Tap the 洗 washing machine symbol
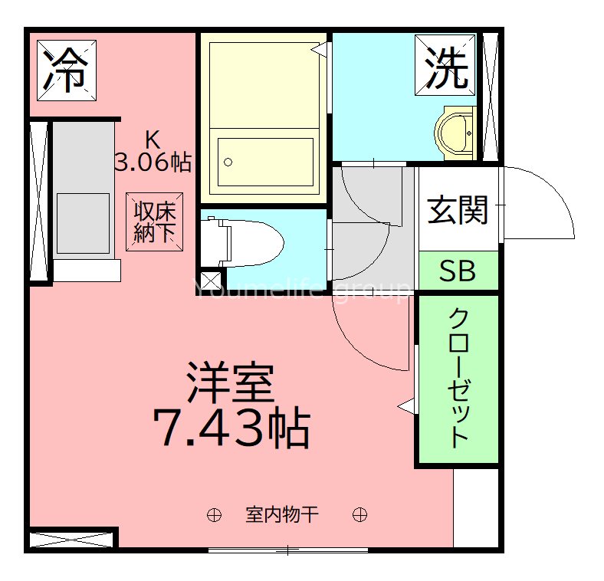pos(446,69)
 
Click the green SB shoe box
pos(458,271)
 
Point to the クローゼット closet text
pos(458,377)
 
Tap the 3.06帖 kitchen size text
pos(152,162)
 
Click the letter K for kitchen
pos(153,140)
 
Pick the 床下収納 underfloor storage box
pos(155,222)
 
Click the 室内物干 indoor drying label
pos(281,514)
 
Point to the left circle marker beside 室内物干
pos(214,514)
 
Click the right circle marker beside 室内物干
pos(359,514)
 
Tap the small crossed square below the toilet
pos(210,281)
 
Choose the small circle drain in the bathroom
pos(227,162)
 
